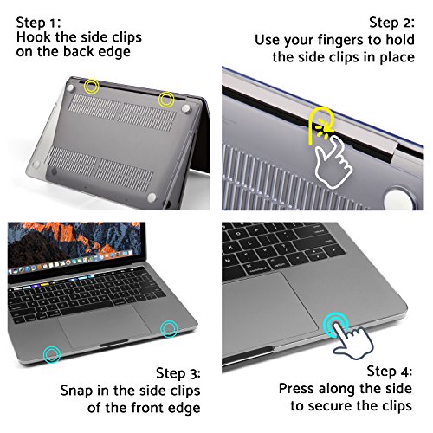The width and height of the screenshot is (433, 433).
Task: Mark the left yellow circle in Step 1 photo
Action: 93,86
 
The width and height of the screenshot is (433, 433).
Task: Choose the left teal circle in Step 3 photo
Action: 54,353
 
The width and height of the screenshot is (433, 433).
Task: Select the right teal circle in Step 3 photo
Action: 168,328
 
